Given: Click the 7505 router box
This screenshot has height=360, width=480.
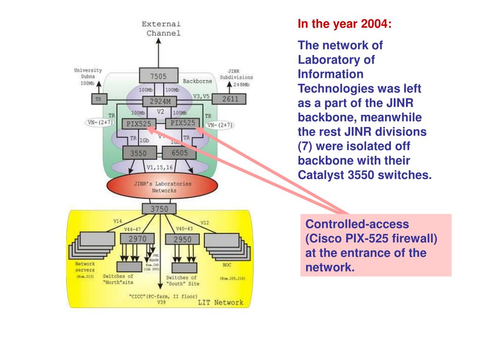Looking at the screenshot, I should point(158,75).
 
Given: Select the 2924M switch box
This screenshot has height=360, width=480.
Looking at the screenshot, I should point(163,102).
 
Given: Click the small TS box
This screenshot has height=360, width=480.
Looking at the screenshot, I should point(98,99).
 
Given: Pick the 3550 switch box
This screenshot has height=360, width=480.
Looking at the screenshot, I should point(138,153).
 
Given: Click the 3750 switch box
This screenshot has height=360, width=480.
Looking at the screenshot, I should point(159,209).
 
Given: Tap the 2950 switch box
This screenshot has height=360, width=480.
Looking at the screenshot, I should point(183,240).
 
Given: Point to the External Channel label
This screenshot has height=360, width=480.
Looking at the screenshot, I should point(162,28).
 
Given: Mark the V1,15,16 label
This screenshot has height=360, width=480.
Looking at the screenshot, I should point(159,166).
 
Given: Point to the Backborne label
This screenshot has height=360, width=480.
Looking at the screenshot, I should point(197,81).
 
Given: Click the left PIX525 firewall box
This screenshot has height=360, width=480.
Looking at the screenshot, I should point(139,124).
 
